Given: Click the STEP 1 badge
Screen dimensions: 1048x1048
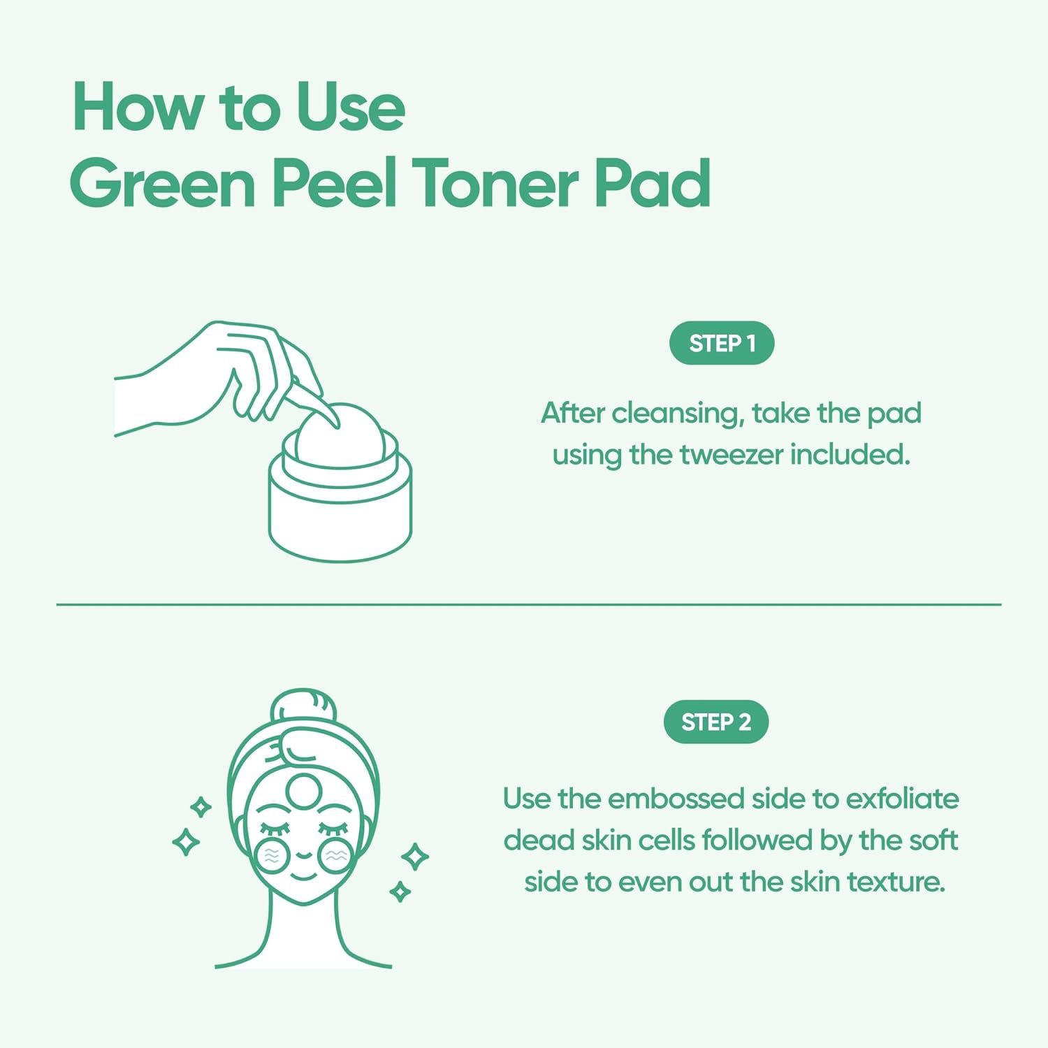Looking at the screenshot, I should tap(722, 343).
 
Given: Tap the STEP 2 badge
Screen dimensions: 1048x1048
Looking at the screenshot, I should tap(716, 722).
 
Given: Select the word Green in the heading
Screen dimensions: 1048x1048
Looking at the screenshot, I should tap(162, 183).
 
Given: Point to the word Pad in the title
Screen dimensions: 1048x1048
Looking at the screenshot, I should tap(653, 183).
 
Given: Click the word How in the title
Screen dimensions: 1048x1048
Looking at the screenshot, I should tap(136, 108).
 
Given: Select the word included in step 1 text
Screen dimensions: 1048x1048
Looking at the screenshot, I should tap(850, 455).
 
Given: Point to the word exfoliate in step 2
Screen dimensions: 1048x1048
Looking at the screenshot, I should tap(902, 799).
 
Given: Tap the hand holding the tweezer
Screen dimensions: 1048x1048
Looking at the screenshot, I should tap(210, 377).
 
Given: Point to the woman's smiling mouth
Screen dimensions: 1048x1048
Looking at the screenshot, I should tap(303, 873).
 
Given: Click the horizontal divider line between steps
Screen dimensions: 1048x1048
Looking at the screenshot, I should tap(528, 604).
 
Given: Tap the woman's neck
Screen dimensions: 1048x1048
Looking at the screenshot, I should tap(303, 922).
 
